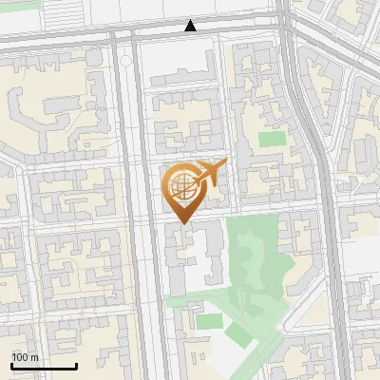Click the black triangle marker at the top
point(191,26)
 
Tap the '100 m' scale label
point(26,357)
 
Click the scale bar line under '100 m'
point(44,366)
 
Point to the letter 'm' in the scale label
point(34,357)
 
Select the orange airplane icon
point(210,172)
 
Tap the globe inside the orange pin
point(181,185)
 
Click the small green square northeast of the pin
point(273,139)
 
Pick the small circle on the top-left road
point(125,61)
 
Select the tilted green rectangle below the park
point(238,334)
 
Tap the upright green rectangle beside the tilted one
point(209,321)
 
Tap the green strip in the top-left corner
point(19,5)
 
